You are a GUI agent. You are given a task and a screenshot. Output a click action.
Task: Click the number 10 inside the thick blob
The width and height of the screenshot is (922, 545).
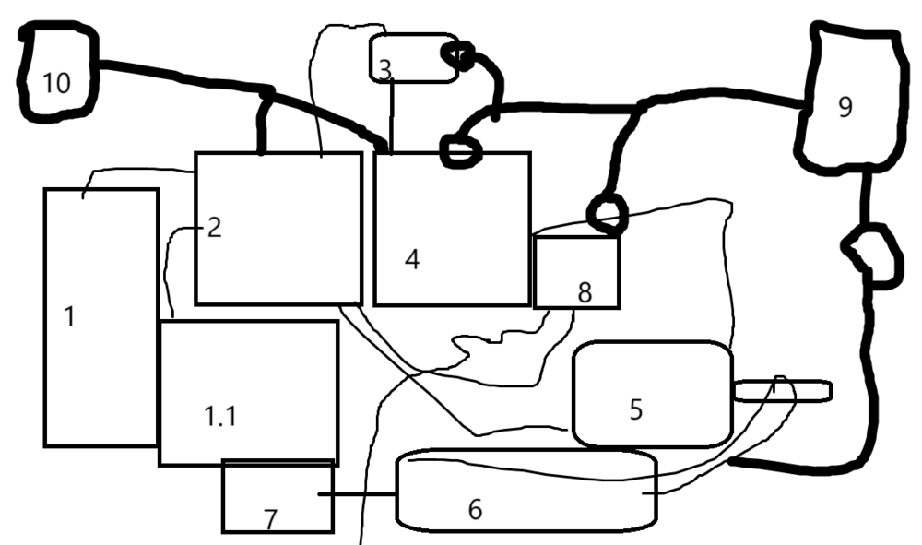56,83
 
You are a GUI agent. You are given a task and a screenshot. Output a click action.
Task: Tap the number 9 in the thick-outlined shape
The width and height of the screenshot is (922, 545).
845,107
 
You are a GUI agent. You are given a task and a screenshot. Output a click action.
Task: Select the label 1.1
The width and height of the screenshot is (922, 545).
220,416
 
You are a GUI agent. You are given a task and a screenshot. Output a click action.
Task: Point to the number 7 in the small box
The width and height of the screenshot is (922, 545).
270,520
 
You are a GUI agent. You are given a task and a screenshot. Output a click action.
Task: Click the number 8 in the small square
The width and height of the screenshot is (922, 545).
584,292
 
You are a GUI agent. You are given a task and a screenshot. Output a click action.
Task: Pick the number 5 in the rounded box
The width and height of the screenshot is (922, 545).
636,409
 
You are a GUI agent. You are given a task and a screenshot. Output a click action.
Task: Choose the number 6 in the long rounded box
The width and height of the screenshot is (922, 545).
475,509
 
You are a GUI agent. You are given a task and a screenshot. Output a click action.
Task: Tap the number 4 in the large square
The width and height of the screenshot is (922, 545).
412,259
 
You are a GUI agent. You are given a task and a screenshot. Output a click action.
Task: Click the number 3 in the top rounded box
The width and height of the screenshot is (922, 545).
384,68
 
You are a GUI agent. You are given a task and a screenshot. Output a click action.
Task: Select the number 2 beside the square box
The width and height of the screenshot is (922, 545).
214,227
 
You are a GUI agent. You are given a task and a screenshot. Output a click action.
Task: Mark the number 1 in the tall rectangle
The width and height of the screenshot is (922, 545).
69,315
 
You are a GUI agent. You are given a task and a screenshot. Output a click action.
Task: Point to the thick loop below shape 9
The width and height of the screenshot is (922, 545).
870,257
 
